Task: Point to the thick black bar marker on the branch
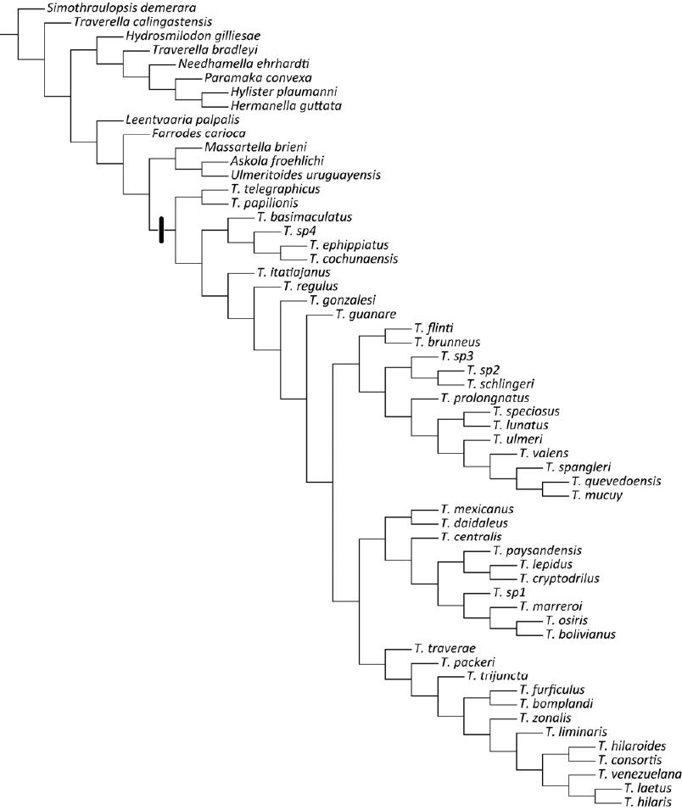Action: point(160,230)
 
